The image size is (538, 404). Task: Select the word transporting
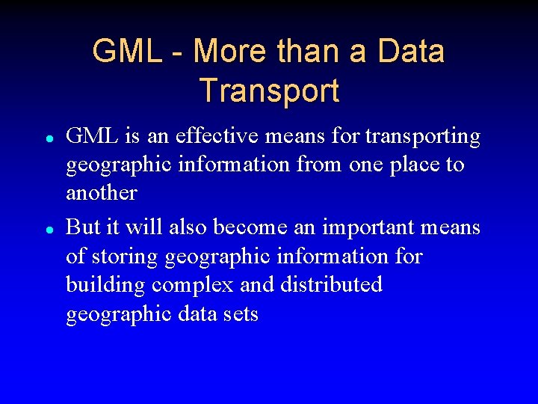click(x=423, y=136)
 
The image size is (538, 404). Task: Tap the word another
click(x=102, y=193)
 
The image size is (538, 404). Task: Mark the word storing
click(x=126, y=257)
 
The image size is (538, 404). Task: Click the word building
click(x=105, y=285)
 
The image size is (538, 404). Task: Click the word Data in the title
click(x=411, y=52)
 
